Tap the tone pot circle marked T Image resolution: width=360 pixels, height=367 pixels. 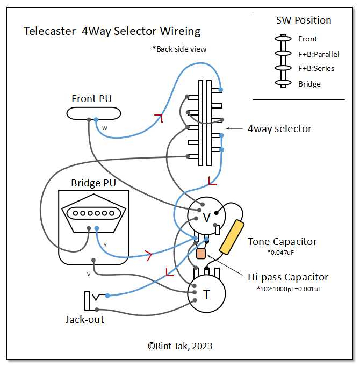[206, 293]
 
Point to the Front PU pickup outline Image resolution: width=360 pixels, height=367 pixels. [93, 112]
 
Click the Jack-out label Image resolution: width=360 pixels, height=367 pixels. [85, 319]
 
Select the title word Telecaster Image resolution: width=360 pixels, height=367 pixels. [49, 31]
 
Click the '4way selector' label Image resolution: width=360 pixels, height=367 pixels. [279, 128]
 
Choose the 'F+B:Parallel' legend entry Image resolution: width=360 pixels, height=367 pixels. [319, 54]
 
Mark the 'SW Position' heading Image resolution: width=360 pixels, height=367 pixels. [304, 21]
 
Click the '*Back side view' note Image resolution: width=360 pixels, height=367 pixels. [179, 49]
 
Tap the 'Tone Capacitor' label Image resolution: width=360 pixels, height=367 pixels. [282, 242]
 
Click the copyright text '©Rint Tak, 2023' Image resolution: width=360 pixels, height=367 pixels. [180, 346]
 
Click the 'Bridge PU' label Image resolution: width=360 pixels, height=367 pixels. [93, 183]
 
